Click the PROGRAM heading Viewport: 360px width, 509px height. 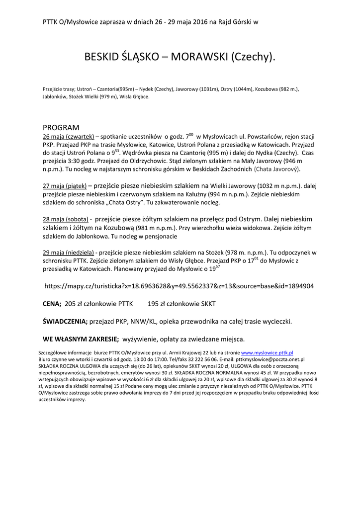(x=61, y=128)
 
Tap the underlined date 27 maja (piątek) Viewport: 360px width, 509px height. (x=65, y=185)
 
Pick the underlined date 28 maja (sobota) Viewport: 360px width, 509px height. (x=66, y=219)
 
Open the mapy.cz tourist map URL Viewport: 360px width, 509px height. (x=179, y=286)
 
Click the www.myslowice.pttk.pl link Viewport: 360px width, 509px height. (x=267, y=352)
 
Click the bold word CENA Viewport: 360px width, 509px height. (x=51, y=304)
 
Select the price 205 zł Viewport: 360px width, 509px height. (x=73, y=304)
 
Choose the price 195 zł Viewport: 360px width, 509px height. (x=156, y=304)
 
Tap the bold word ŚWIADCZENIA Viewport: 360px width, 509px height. (x=65, y=322)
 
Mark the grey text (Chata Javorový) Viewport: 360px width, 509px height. (x=277, y=170)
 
